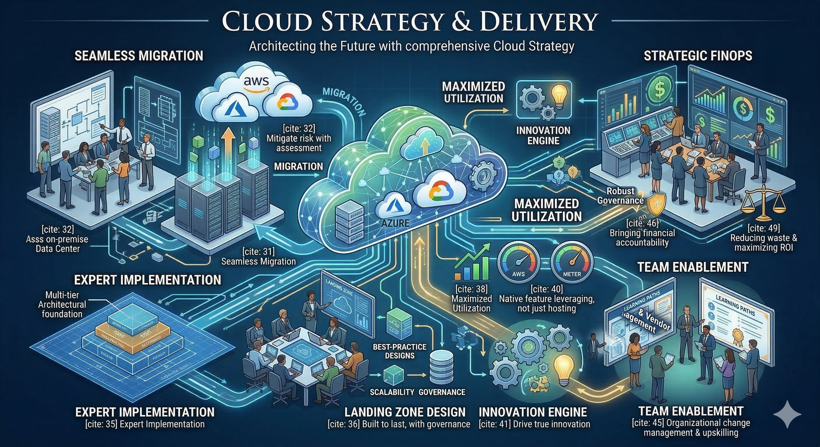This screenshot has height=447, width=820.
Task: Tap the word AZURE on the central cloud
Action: coord(396,223)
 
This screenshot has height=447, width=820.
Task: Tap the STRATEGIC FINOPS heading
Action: coord(698,56)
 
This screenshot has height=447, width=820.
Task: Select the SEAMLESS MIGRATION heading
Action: coord(139,56)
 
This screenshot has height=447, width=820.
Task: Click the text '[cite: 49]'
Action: coord(764,228)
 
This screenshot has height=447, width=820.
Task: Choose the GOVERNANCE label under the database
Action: coord(442,392)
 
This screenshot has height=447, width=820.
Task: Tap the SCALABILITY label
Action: coord(392,392)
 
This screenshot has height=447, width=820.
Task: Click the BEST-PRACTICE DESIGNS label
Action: coord(400,351)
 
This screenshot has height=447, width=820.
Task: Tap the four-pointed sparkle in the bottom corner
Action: coord(788,414)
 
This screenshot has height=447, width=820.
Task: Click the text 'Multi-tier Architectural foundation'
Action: coord(62,304)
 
